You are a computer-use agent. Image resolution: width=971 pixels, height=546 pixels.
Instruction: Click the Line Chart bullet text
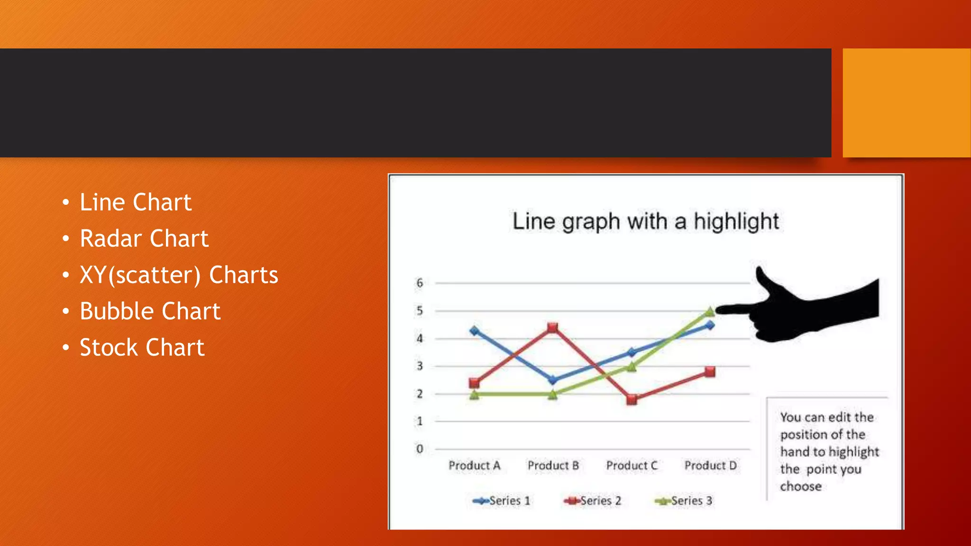tap(135, 202)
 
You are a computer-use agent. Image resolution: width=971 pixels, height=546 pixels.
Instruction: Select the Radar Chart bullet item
tap(144, 238)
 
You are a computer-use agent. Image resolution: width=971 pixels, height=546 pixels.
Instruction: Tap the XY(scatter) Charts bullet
tap(179, 275)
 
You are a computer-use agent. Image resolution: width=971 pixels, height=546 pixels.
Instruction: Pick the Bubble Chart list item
tap(150, 311)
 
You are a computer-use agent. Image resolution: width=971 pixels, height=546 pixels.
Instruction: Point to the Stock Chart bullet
tap(142, 347)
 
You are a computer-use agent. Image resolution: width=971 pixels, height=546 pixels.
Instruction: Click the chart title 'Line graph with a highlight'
tap(645, 221)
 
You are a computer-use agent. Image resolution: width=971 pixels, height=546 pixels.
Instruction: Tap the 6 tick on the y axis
tap(420, 283)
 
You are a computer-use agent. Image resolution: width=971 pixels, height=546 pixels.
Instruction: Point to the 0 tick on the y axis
tap(420, 449)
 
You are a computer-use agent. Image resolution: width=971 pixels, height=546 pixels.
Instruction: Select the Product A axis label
tap(474, 465)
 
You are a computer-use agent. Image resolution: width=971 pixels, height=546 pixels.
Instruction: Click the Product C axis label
tap(632, 465)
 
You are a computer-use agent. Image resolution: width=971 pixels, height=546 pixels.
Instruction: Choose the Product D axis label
tap(710, 465)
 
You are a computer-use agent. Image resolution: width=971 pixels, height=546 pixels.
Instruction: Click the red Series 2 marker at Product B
tap(552, 328)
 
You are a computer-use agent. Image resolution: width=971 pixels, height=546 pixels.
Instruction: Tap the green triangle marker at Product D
tap(710, 311)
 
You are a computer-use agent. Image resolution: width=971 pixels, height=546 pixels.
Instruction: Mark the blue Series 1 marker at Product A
tap(474, 331)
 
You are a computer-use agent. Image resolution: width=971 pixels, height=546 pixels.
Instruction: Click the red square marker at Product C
tap(632, 400)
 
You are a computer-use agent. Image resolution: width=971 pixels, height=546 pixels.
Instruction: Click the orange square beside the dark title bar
tap(907, 103)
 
